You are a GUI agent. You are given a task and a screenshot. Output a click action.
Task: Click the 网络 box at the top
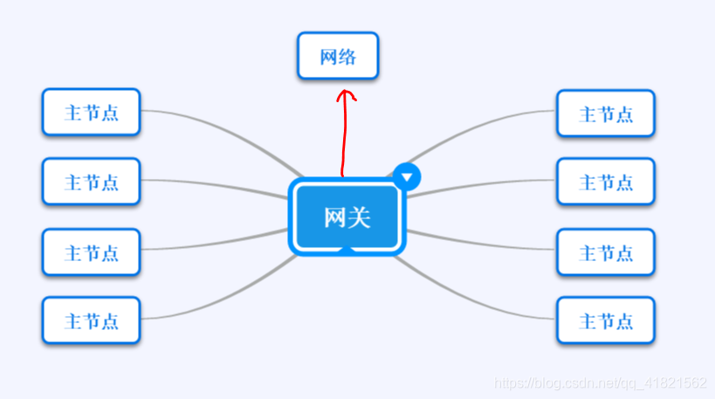click(x=338, y=57)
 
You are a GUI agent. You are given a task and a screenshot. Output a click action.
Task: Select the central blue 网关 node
click(x=347, y=216)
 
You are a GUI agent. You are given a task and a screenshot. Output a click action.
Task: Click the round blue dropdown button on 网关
click(x=407, y=176)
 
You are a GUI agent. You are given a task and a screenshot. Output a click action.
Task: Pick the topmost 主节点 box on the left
click(x=91, y=113)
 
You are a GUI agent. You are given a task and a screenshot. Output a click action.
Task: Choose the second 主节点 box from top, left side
click(x=91, y=182)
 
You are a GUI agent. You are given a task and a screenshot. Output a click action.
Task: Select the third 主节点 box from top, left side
click(x=91, y=252)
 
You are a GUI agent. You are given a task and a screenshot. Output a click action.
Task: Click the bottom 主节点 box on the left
click(x=91, y=320)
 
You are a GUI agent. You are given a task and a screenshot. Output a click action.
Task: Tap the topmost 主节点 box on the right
click(x=606, y=114)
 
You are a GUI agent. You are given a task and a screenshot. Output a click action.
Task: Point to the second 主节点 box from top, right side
click(x=606, y=182)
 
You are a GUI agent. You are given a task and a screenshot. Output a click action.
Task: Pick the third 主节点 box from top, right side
click(x=606, y=252)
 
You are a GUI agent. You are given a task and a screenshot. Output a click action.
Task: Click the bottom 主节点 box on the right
click(x=606, y=320)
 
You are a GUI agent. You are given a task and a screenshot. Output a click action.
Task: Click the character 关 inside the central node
click(x=360, y=217)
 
